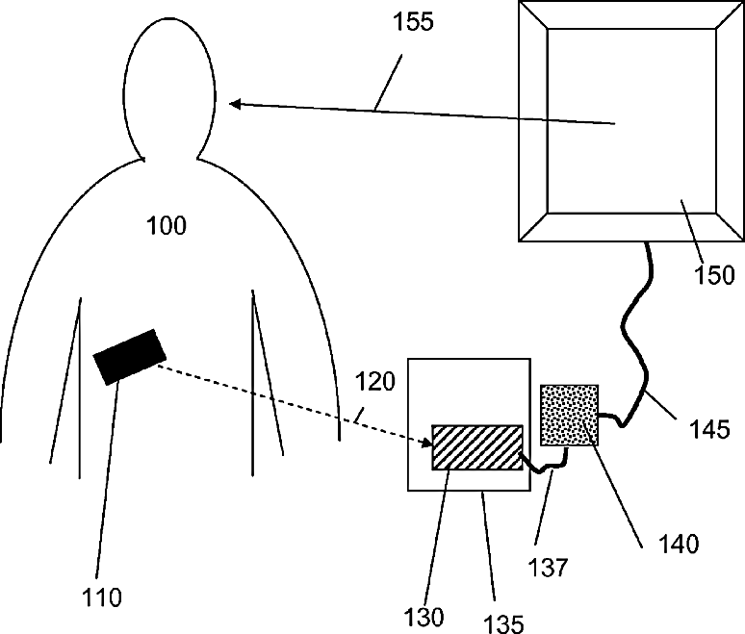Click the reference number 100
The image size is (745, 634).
pyautogui.click(x=166, y=227)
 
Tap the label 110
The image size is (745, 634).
pyautogui.click(x=103, y=597)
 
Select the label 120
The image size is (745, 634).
pyautogui.click(x=375, y=382)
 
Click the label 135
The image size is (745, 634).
pyautogui.click(x=504, y=623)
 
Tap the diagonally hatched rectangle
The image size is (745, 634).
pyautogui.click(x=476, y=447)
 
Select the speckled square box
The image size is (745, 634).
pyautogui.click(x=570, y=414)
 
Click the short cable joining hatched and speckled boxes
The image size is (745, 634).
pyautogui.click(x=546, y=466)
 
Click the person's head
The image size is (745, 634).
pyautogui.click(x=170, y=87)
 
